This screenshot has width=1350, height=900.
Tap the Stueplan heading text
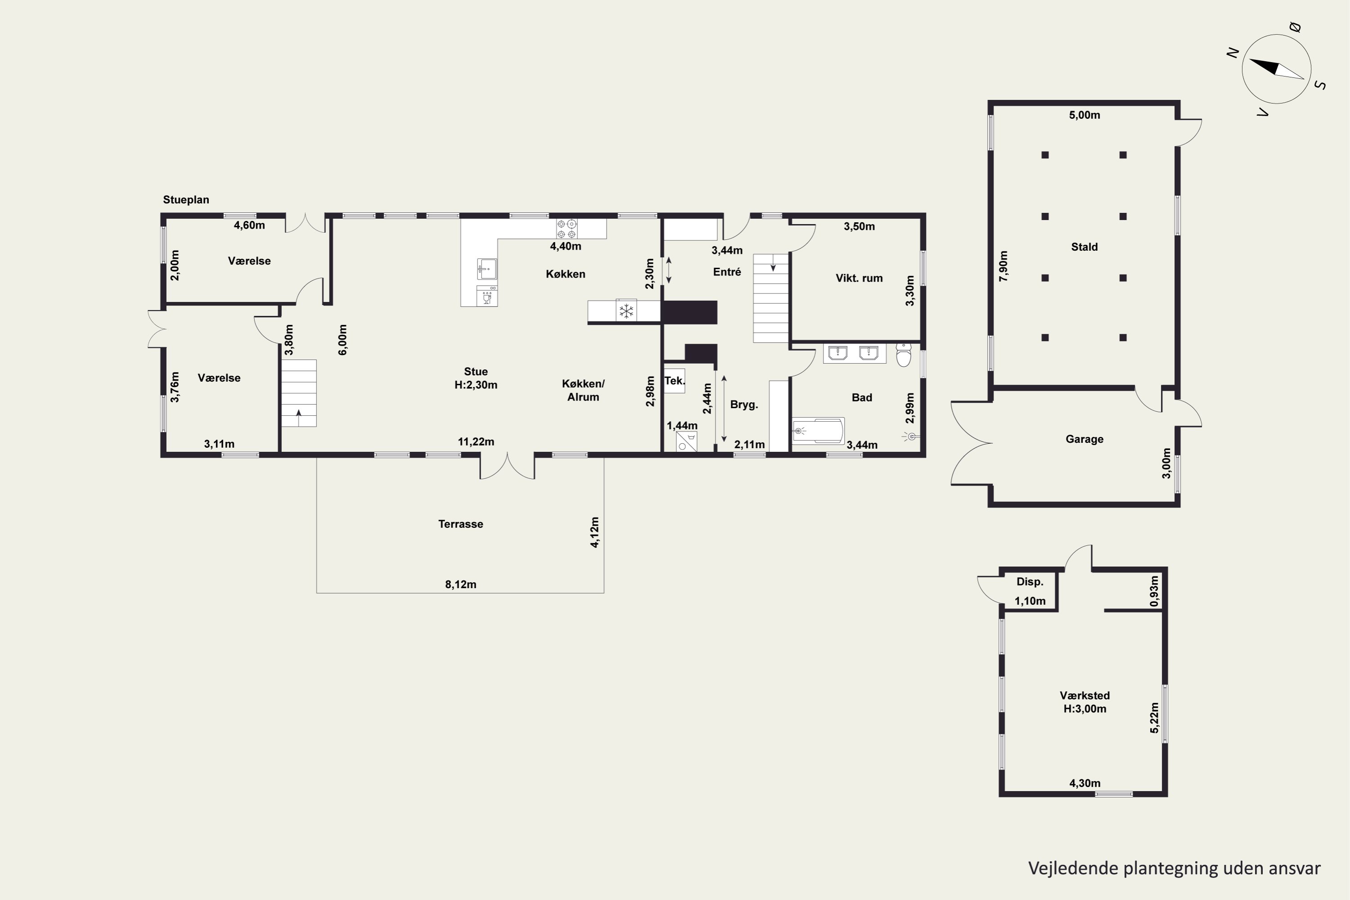[186, 200]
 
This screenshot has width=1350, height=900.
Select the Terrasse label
[460, 524]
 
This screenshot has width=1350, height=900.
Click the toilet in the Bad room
[904, 355]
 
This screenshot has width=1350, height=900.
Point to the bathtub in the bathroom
[819, 431]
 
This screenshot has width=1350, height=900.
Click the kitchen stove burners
[567, 229]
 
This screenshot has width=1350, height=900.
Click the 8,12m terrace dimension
[461, 584]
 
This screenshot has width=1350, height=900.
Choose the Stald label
[1084, 247]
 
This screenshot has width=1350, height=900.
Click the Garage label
[1084, 439]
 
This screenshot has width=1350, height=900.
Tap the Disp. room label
[1030, 582]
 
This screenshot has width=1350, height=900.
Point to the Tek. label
[675, 381]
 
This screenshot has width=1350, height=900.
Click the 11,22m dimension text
[476, 442]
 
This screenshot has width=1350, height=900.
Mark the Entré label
[727, 272]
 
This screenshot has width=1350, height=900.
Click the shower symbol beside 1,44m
[687, 442]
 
